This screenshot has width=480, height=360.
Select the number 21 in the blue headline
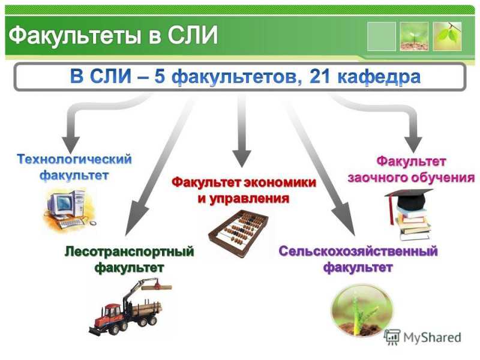pos(320,76)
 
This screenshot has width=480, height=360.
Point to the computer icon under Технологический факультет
pos(70,209)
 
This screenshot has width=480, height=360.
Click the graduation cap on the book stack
pos(410,199)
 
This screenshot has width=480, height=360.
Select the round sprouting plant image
pos(362,309)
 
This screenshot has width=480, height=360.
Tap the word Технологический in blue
pos(74,160)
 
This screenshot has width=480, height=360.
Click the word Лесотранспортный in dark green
pos(130,251)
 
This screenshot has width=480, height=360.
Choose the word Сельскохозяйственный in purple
pos(358,251)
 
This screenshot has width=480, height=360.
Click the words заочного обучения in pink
pos(411,178)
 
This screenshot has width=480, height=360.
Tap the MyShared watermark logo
pos(423,338)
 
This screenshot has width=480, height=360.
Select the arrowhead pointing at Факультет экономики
pos(242,158)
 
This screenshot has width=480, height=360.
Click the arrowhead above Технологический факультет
pos(71,145)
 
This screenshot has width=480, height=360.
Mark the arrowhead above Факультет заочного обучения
pos(413,144)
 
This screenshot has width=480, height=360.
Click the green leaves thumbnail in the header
pos(447,36)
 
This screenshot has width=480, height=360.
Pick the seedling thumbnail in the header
pos(414,36)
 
